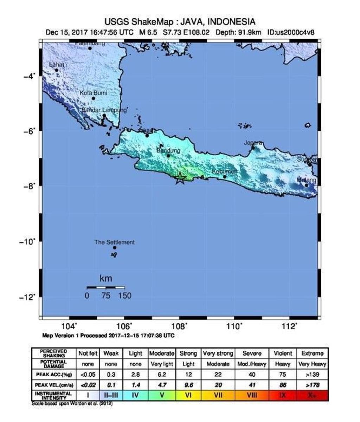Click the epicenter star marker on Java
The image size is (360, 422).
[180, 178]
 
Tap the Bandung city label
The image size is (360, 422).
[168, 150]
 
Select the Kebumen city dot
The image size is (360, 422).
[225, 176]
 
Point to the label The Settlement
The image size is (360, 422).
[114, 242]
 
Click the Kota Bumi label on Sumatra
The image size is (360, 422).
[93, 93]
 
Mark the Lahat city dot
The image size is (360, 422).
[57, 70]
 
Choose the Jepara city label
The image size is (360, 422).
[253, 143]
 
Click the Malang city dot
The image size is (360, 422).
[306, 185]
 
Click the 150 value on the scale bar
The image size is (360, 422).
[125, 296]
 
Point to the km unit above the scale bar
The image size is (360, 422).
[105, 279]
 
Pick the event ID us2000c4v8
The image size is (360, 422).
[291, 32]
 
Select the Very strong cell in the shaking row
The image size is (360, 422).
[218, 353]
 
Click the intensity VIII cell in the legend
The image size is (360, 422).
[252, 395]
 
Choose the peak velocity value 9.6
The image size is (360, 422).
[188, 385]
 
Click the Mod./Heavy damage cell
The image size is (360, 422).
[252, 364]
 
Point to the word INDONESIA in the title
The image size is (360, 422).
[231, 22]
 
